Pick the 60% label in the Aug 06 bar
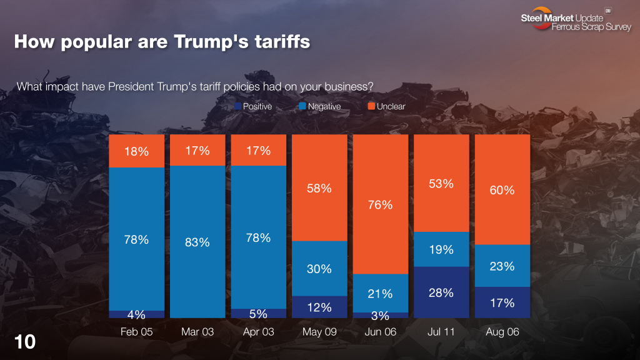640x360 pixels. pyautogui.click(x=502, y=190)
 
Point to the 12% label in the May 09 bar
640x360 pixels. pyautogui.click(x=319, y=307)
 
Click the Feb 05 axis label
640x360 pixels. pyautogui.click(x=136, y=332)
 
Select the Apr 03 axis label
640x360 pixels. pyautogui.click(x=258, y=332)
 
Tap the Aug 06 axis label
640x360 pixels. pyautogui.click(x=502, y=332)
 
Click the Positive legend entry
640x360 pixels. pyautogui.click(x=253, y=106)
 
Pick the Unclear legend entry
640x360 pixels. pyautogui.click(x=386, y=106)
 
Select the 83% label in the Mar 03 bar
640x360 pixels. pyautogui.click(x=197, y=242)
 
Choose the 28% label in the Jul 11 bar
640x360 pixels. pyautogui.click(x=441, y=292)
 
